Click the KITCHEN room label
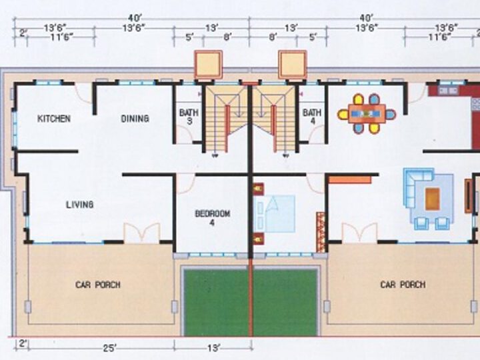[54, 119]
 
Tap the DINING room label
[135, 119]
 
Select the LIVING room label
[80, 205]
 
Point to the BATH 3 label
[189, 117]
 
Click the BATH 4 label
[312, 117]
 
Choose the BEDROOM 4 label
[213, 217]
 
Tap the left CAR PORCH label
[98, 285]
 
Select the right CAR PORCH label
[403, 285]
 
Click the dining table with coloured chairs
[367, 114]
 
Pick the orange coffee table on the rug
[433, 199]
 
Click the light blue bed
[275, 214]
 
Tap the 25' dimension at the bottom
[109, 349]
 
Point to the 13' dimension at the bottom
[213, 349]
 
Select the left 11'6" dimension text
[61, 37]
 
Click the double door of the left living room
[142, 233]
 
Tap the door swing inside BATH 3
[184, 134]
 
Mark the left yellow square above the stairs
[209, 65]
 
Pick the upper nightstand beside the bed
[259, 189]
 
